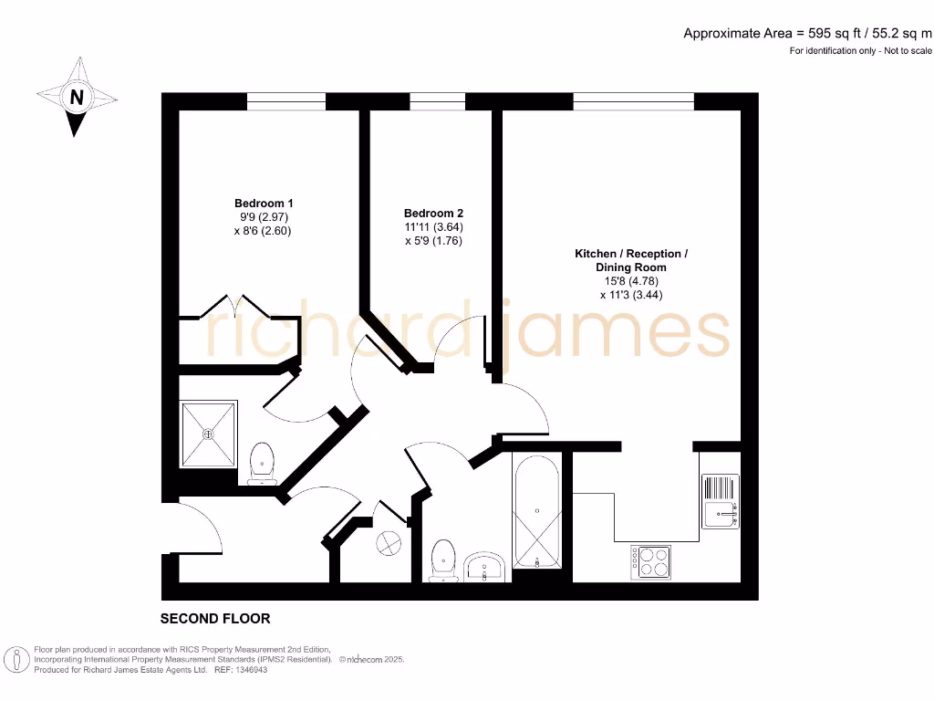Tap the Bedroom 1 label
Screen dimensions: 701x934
[264, 203]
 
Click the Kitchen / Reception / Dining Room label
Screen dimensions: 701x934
[630, 260]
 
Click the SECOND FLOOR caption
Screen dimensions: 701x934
[215, 619]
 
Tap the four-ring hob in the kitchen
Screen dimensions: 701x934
[651, 560]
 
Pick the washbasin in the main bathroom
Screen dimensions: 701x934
[484, 567]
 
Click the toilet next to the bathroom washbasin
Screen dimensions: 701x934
[443, 559]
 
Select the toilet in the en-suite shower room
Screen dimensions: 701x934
[262, 462]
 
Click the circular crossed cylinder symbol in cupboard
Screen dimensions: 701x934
[389, 544]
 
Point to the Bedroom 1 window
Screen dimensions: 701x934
[285, 101]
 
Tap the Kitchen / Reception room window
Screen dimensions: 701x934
[632, 101]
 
